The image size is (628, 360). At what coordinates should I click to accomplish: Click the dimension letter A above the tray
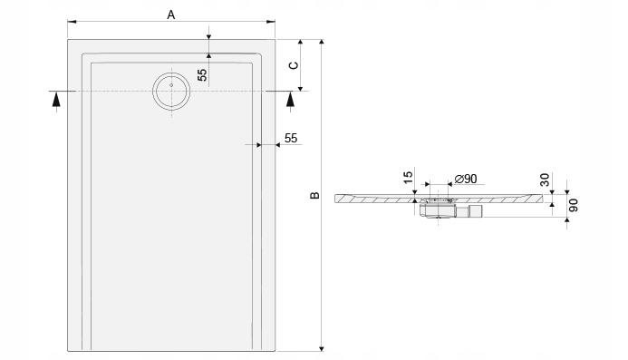(x=169, y=14)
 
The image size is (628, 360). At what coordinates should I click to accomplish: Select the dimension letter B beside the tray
(x=314, y=195)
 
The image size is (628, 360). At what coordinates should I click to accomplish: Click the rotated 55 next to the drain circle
(x=203, y=75)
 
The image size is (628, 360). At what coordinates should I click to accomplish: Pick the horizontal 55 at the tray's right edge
(x=291, y=138)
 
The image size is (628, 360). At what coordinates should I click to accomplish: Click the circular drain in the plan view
(x=169, y=91)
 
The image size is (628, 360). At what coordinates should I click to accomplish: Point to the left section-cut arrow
(x=56, y=99)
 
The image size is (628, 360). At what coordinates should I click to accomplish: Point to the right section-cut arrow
(x=290, y=99)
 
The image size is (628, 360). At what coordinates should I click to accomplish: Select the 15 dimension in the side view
(x=409, y=179)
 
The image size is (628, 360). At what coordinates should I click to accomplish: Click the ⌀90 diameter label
(x=465, y=179)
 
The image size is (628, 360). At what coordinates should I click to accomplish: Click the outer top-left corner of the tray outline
(x=68, y=39)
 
